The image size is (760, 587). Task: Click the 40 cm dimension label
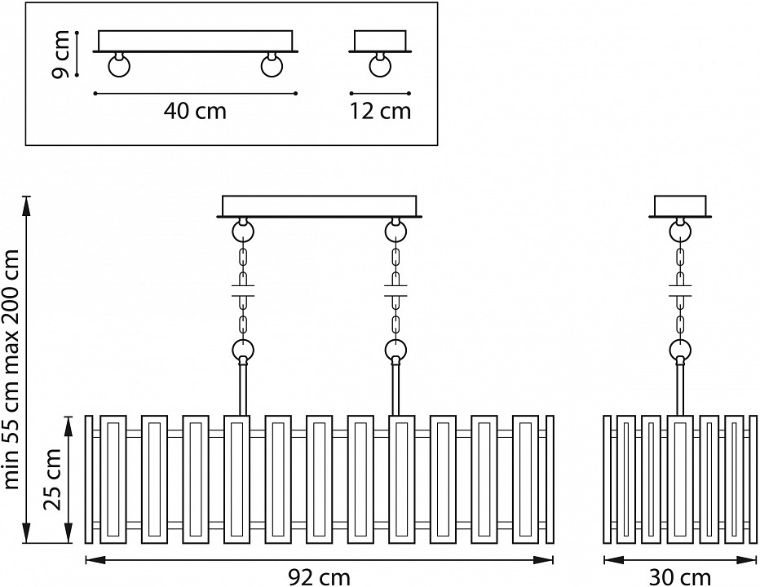coord(194,112)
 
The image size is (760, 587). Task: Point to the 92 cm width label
coord(320,576)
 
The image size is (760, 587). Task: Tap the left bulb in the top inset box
coord(120,65)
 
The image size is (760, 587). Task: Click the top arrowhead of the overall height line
coord(29,202)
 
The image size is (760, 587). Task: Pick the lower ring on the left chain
coord(242,351)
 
